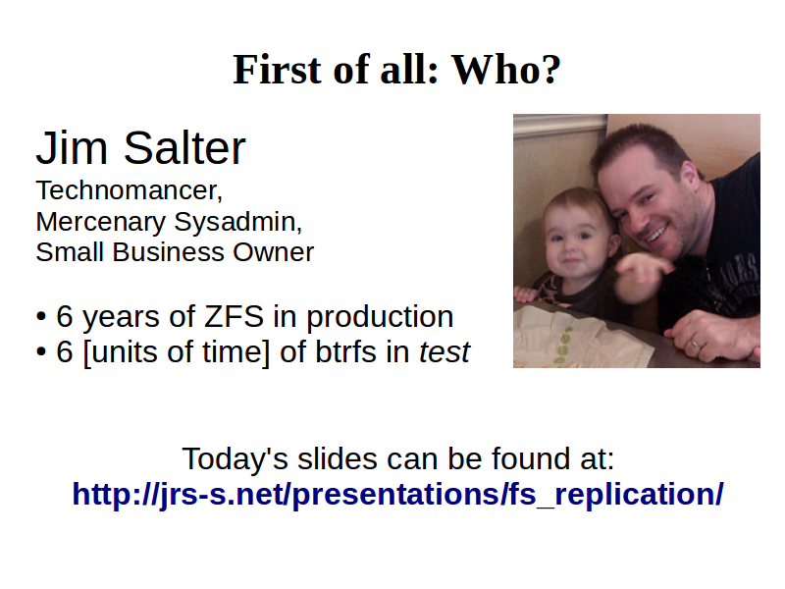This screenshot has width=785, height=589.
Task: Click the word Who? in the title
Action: tap(506, 69)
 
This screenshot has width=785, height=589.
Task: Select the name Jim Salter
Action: tap(140, 148)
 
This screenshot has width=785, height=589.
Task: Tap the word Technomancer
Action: tap(130, 190)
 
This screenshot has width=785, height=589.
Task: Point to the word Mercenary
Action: tap(101, 223)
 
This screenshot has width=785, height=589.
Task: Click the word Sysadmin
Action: tap(237, 223)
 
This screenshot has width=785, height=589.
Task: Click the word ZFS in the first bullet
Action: tap(234, 316)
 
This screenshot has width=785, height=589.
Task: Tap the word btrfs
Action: tap(346, 351)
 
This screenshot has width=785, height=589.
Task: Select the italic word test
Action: tap(445, 352)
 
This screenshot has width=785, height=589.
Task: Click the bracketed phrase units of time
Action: tap(177, 352)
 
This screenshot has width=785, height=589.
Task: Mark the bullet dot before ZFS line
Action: tap(41, 317)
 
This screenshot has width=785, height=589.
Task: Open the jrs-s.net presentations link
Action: tap(398, 495)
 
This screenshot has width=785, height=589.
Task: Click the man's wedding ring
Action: tap(696, 345)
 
